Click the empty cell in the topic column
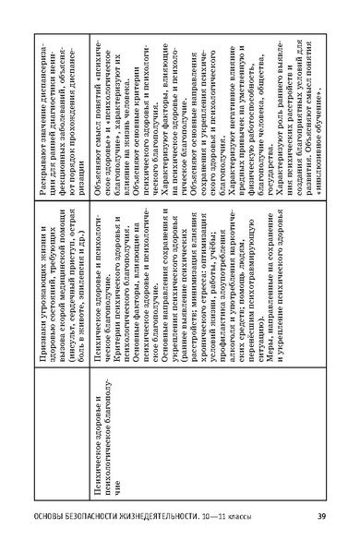(66, 92)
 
